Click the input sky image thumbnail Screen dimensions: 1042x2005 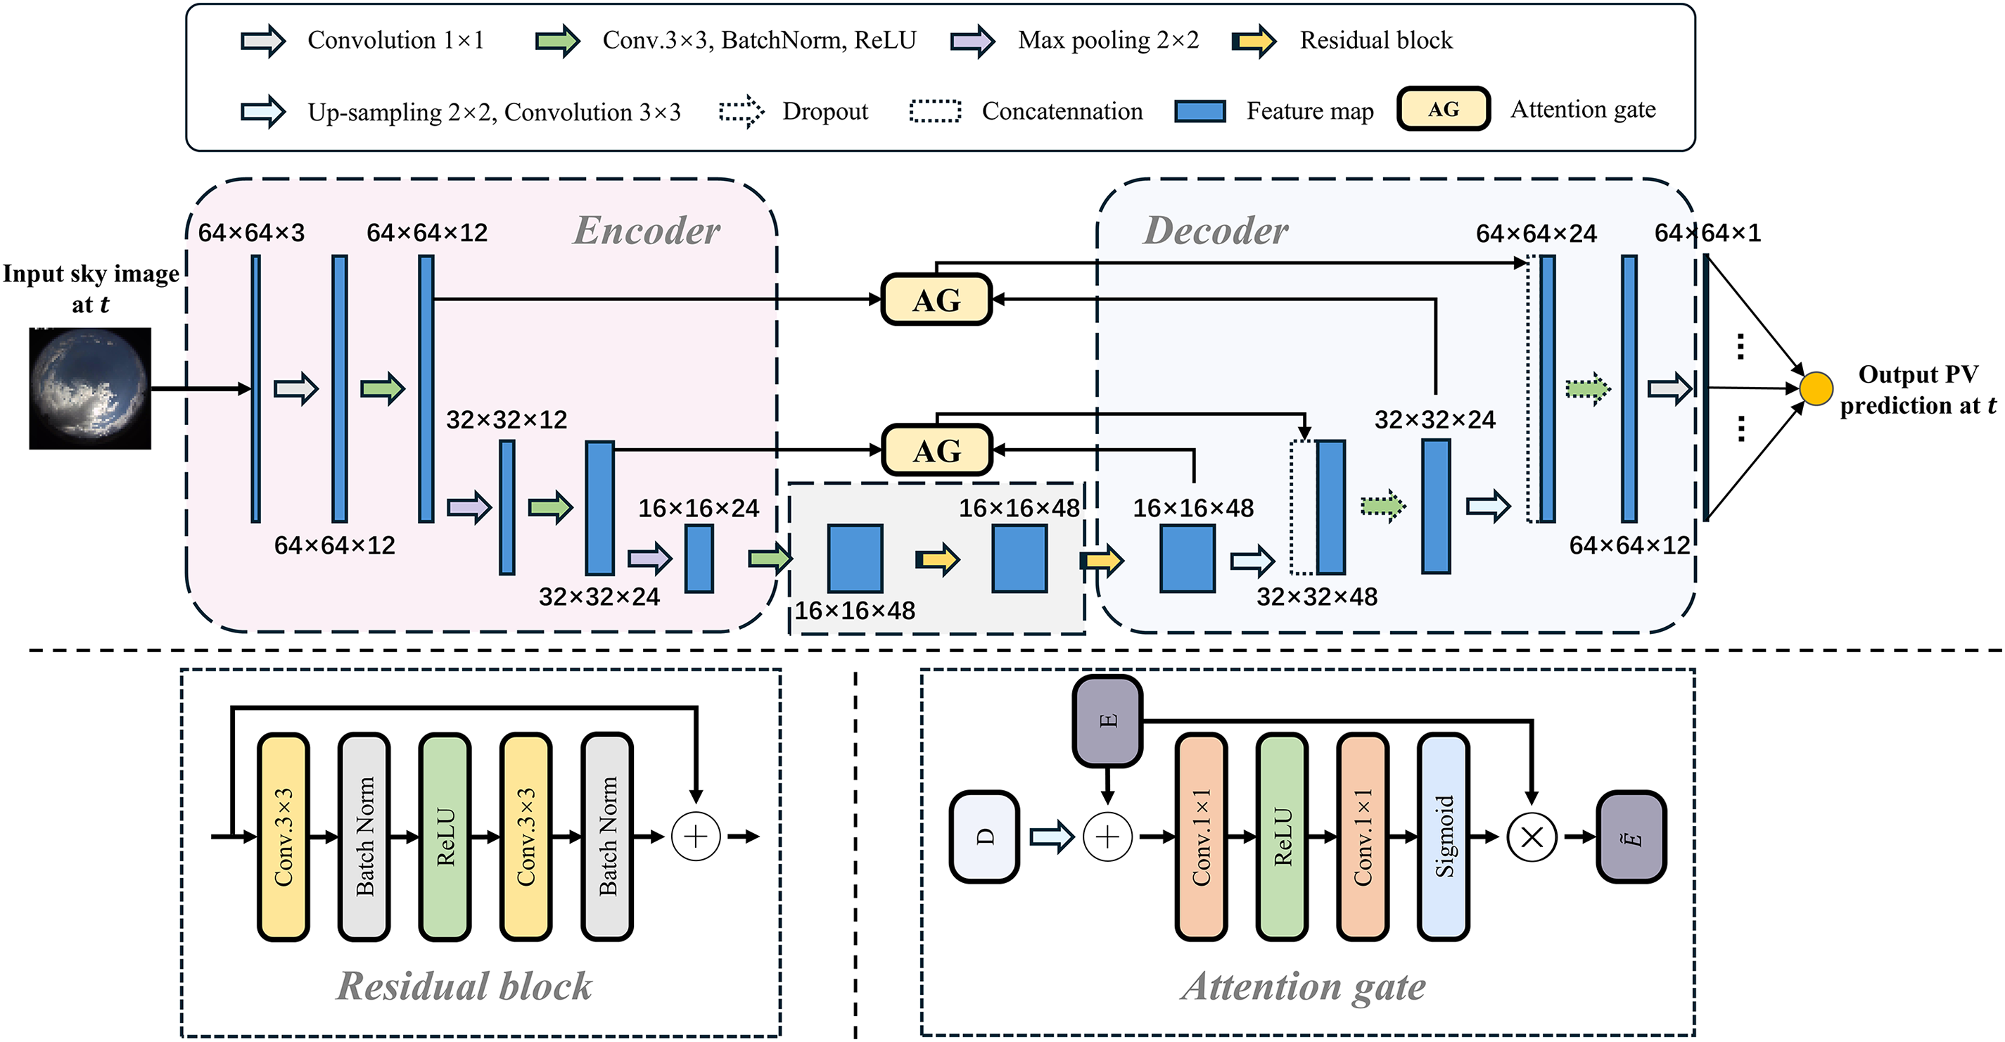pyautogui.click(x=90, y=388)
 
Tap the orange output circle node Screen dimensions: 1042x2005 pyautogui.click(x=1816, y=388)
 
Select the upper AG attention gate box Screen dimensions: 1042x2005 pyautogui.click(x=936, y=300)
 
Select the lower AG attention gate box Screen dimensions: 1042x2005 pyautogui.click(x=936, y=450)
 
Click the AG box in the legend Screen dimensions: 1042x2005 pyautogui.click(x=1443, y=109)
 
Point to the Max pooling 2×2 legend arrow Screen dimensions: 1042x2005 pyautogui.click(x=972, y=41)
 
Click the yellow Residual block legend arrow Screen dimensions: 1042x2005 pyautogui.click(x=1254, y=41)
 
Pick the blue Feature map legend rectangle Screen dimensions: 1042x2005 pyautogui.click(x=1199, y=111)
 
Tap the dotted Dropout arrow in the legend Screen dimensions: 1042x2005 pyautogui.click(x=741, y=111)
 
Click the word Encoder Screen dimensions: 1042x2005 pyautogui.click(x=646, y=230)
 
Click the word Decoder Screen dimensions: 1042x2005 pyautogui.click(x=1215, y=230)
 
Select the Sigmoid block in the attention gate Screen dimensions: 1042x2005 pyautogui.click(x=1444, y=837)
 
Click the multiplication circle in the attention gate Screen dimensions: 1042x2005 pyautogui.click(x=1532, y=837)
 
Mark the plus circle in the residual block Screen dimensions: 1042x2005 pyautogui.click(x=695, y=837)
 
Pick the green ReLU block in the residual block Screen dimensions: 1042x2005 pyautogui.click(x=445, y=837)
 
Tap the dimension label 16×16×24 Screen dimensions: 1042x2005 pyautogui.click(x=698, y=508)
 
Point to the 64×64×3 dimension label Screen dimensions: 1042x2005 pyautogui.click(x=251, y=233)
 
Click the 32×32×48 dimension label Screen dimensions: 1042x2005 pyautogui.click(x=1317, y=597)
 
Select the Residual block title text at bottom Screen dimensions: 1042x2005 pyautogui.click(x=464, y=986)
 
